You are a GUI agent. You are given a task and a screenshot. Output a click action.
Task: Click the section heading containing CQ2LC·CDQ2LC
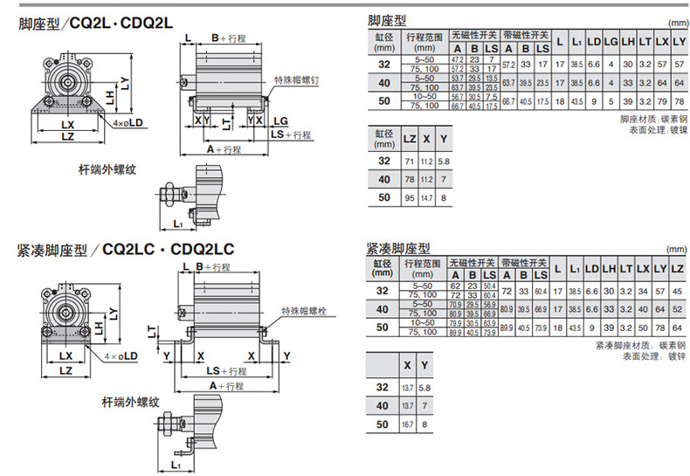point(125,250)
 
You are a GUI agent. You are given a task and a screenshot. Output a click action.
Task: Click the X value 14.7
point(426,198)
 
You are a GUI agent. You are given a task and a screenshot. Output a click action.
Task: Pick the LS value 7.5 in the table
point(493,97)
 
